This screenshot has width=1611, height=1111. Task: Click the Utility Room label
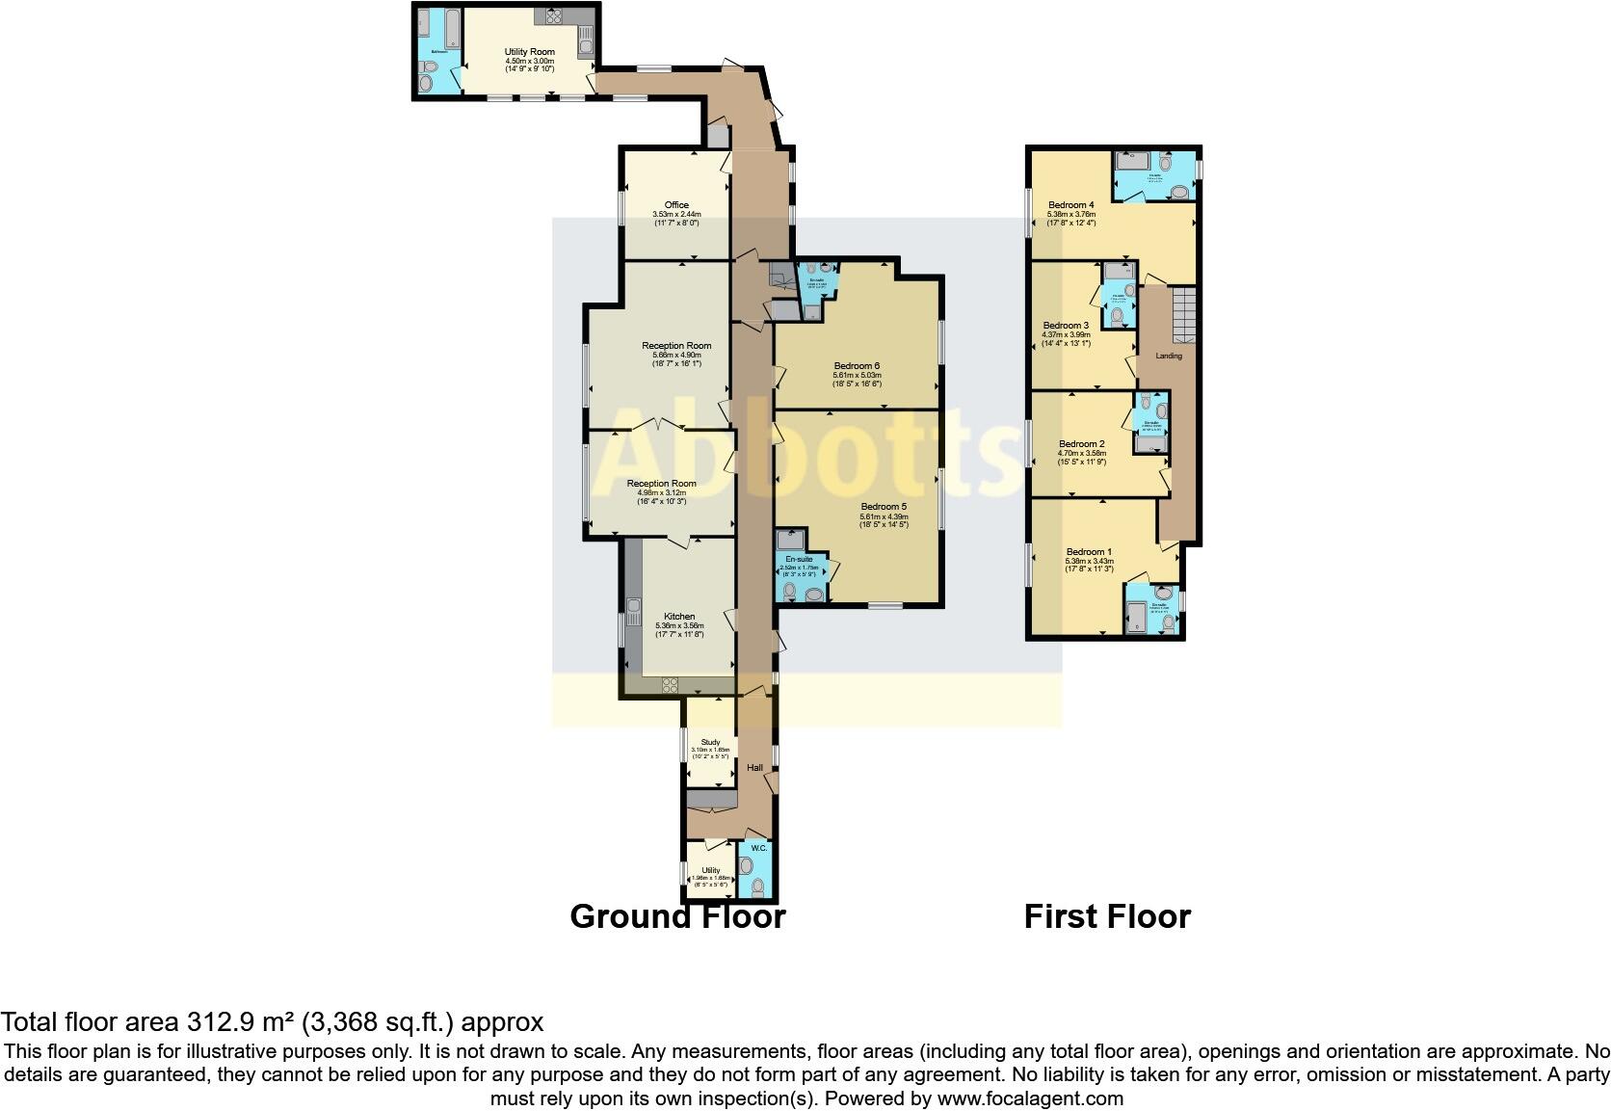click(x=530, y=52)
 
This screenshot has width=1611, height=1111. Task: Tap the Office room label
click(x=676, y=205)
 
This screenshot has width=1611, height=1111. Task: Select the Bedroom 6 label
click(x=857, y=366)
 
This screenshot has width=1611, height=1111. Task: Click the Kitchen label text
click(x=679, y=617)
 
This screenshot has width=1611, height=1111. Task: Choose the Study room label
click(x=710, y=742)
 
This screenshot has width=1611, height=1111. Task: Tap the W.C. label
click(x=758, y=848)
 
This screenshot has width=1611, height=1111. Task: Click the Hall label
click(x=755, y=768)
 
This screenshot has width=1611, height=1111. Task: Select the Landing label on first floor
click(x=1169, y=356)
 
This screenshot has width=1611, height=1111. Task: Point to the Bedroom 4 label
click(x=1071, y=205)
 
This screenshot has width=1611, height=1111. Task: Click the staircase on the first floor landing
click(x=1184, y=313)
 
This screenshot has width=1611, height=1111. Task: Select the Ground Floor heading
click(x=677, y=916)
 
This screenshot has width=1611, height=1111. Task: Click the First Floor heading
click(x=1107, y=916)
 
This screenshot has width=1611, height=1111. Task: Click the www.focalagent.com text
click(x=1029, y=1098)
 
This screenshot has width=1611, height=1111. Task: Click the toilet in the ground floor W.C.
click(x=758, y=884)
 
